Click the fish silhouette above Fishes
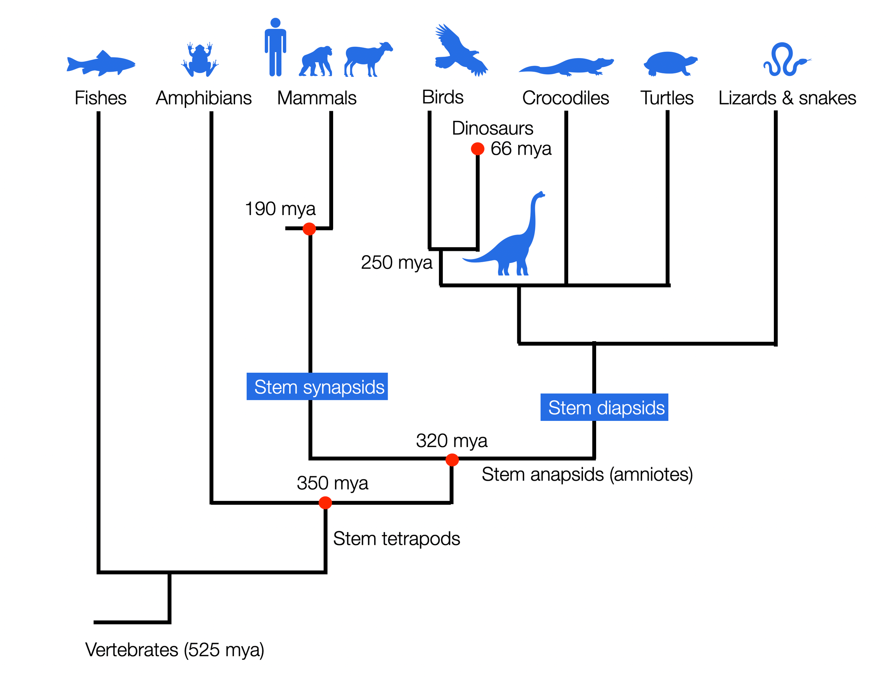(101, 64)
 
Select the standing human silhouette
(275, 47)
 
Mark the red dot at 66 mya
(478, 149)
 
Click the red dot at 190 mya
(309, 229)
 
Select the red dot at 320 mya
(452, 460)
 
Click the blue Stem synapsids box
(317, 387)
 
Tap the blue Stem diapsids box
(604, 407)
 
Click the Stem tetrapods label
(396, 539)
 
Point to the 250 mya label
(396, 263)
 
